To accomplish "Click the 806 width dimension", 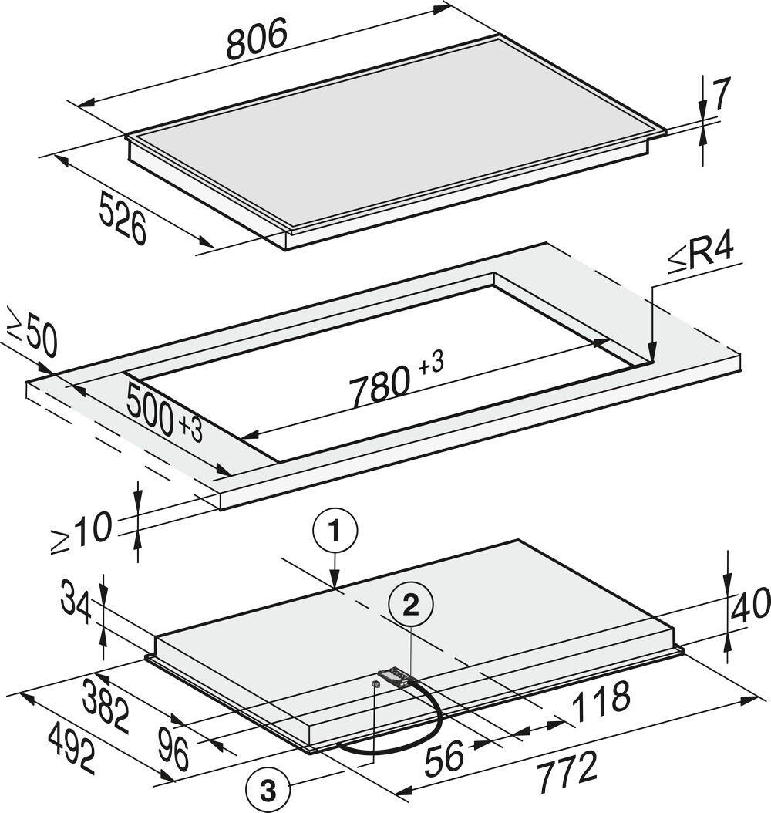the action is point(257,39).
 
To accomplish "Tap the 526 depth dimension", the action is point(123,218).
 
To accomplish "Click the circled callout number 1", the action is point(335,532).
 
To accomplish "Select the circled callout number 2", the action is point(411,605).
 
